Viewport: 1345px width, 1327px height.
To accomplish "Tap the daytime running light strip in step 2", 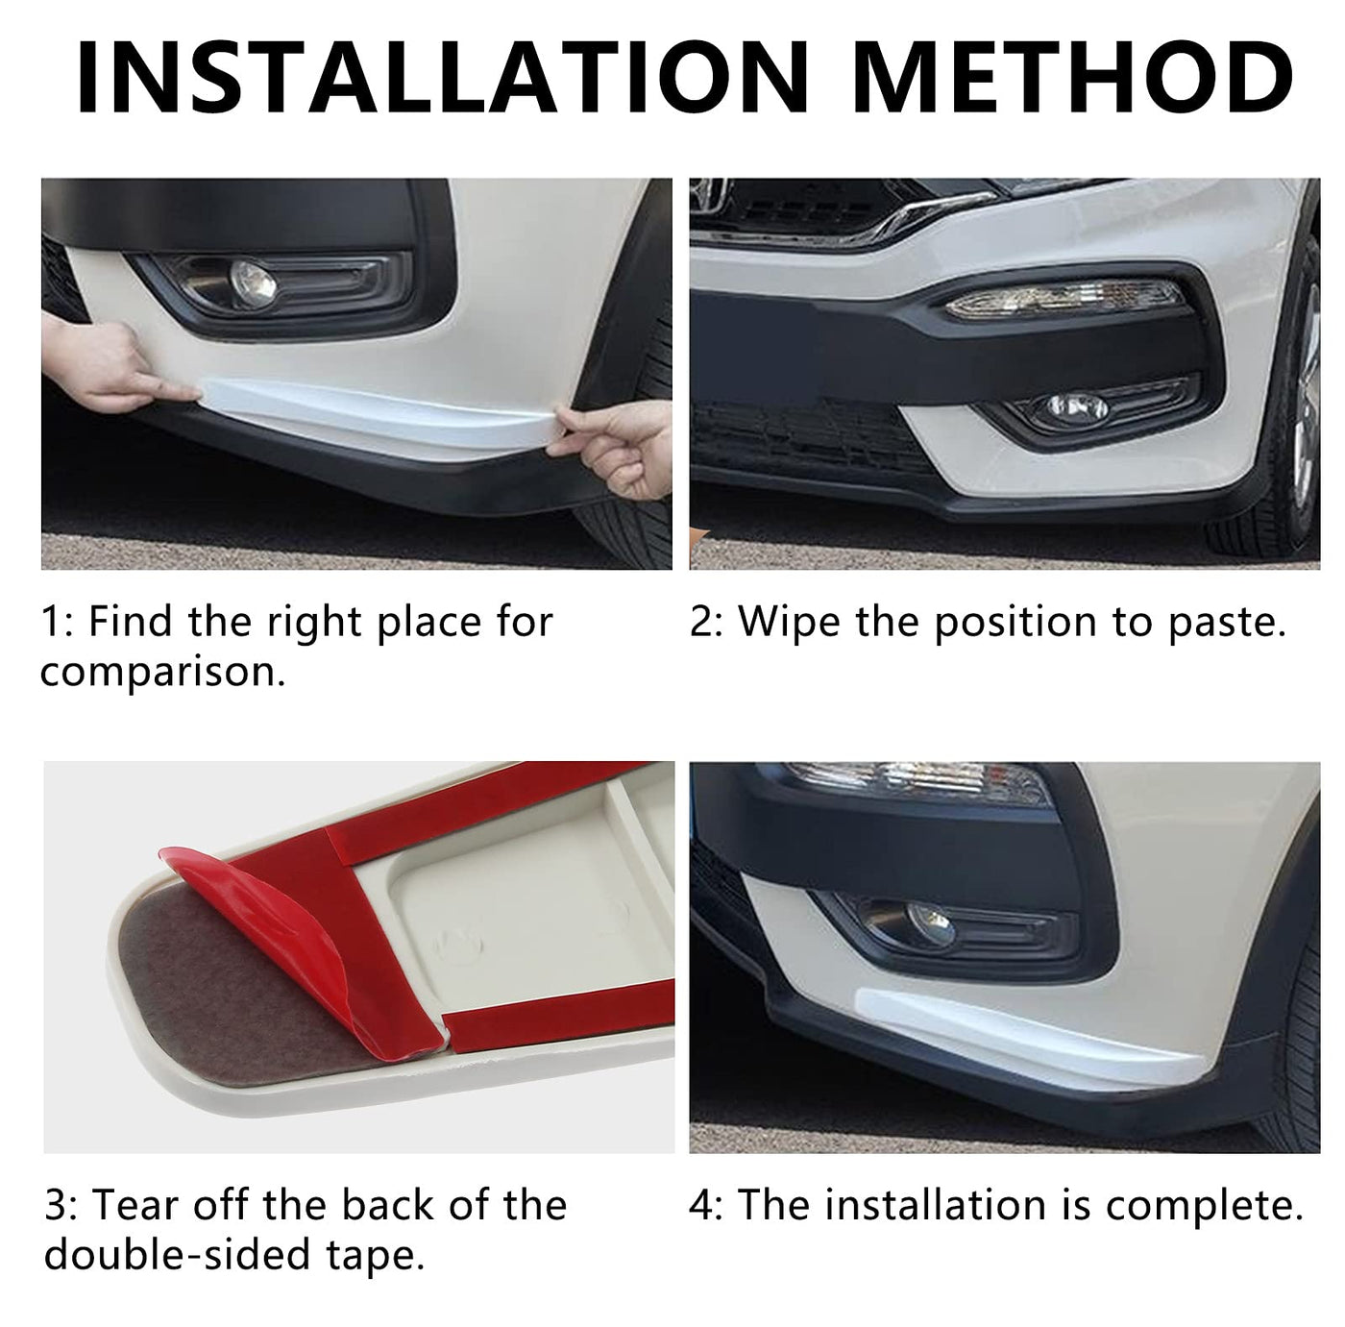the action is pos(1064,300).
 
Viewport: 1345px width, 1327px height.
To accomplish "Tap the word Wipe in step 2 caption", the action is pos(790,623).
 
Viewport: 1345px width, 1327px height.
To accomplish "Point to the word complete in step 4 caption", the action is pos(1204,1206).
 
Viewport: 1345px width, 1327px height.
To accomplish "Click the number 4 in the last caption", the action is pos(700,1206).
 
